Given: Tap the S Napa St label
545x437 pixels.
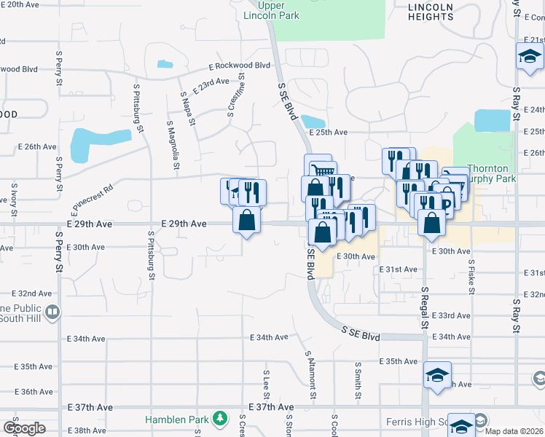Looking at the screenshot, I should [x=187, y=107].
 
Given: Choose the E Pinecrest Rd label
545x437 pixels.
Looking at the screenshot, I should [x=93, y=198].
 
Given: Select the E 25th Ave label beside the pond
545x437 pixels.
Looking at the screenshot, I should [x=329, y=133].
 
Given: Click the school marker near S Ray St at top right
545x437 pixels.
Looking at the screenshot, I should [x=529, y=56].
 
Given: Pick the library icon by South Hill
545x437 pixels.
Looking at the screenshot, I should [x=52, y=312].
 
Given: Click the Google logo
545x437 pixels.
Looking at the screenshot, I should [x=24, y=428].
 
